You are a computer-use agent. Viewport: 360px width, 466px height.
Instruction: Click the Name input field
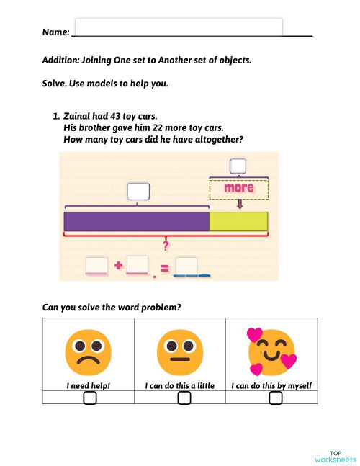pyautogui.click(x=178, y=27)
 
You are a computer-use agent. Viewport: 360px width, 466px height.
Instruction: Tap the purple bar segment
pyautogui.click(x=136, y=221)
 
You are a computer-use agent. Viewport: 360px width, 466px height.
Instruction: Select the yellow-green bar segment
pyautogui.click(x=238, y=221)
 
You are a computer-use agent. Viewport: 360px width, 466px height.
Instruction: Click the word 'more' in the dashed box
pyautogui.click(x=239, y=189)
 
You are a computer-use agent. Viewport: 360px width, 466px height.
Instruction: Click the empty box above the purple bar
pyautogui.click(x=138, y=192)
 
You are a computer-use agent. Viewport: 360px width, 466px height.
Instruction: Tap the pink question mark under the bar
pyautogui.click(x=166, y=246)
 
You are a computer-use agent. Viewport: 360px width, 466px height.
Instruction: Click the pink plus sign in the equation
pyautogui.click(x=118, y=266)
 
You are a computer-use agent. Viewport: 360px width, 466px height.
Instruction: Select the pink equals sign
pyautogui.click(x=164, y=269)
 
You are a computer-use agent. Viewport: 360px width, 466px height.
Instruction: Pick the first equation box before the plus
pyautogui.click(x=96, y=265)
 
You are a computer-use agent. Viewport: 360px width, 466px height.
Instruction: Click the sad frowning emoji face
pyautogui.click(x=87, y=350)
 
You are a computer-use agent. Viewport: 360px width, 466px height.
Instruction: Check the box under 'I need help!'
pyautogui.click(x=89, y=398)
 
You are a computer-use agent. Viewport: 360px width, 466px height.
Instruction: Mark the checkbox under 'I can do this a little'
pyautogui.click(x=184, y=398)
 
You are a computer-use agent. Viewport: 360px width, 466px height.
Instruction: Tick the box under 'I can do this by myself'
pyautogui.click(x=275, y=398)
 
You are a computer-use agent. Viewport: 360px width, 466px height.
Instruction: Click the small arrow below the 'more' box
pyautogui.click(x=240, y=205)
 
